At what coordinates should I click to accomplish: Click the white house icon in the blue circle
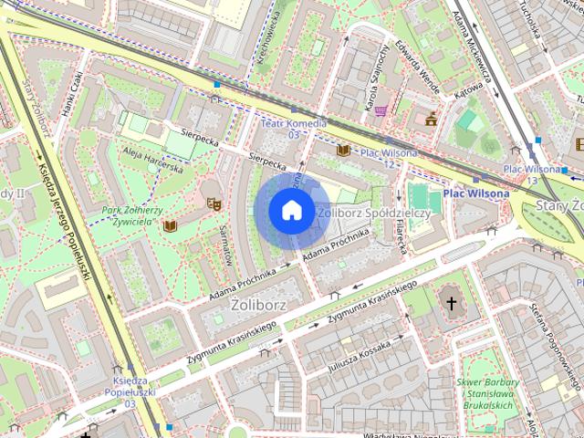pos(290,211)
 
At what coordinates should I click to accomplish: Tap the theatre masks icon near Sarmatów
pos(214,203)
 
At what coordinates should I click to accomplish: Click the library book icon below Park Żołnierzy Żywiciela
pos(169,224)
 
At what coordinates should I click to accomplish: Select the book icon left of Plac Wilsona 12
pos(343,151)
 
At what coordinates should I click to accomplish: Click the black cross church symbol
pos(450,302)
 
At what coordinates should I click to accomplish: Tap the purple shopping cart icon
pos(381,110)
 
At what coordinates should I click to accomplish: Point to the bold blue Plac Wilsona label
pos(476,193)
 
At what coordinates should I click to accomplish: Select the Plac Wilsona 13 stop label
pos(532,174)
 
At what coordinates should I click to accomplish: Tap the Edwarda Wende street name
pos(419,65)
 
